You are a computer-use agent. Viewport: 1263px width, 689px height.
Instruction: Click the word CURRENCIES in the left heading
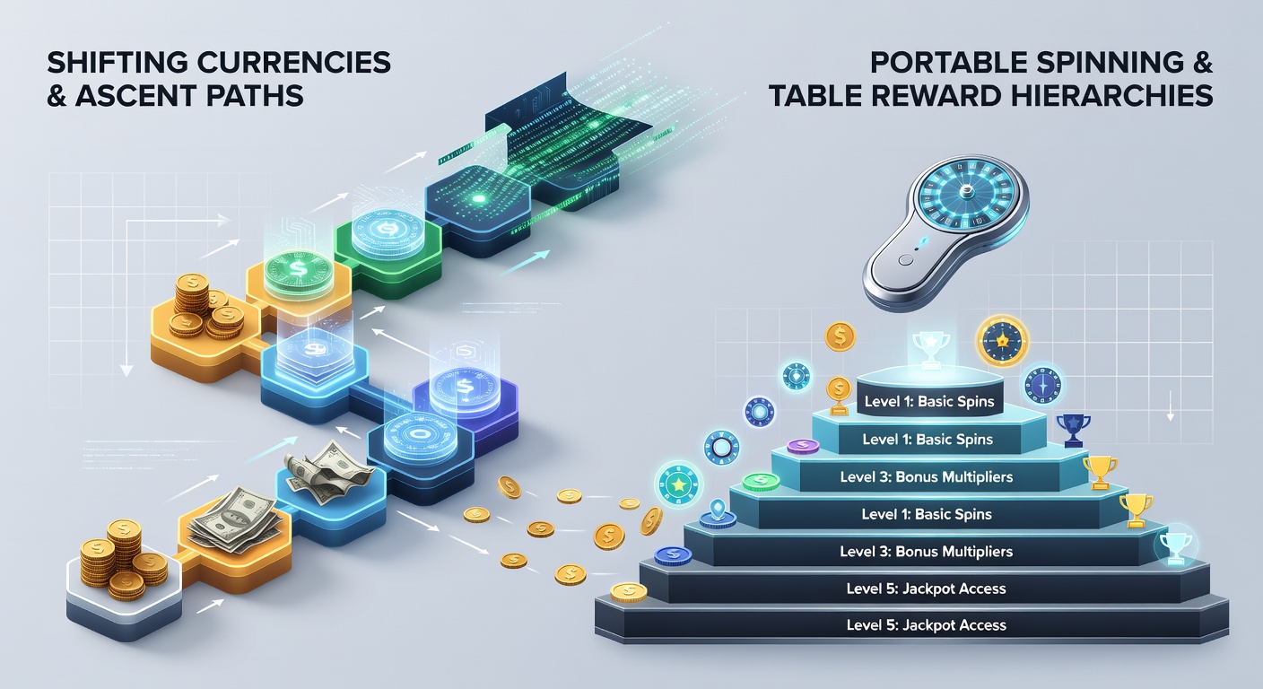(x=293, y=62)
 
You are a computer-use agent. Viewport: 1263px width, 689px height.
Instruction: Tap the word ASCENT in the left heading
(x=135, y=95)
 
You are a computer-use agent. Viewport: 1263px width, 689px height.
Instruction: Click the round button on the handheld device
(x=905, y=260)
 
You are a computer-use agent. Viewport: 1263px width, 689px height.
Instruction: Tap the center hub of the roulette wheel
(x=966, y=192)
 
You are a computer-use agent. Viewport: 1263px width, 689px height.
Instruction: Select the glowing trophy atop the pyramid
(x=930, y=349)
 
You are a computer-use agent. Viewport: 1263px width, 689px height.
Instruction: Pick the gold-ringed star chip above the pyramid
(x=1002, y=341)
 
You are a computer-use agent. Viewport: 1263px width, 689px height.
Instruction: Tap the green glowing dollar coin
(x=297, y=269)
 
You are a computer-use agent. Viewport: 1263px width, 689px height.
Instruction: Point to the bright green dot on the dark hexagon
(x=479, y=198)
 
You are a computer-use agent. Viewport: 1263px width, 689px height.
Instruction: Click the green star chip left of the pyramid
(x=678, y=484)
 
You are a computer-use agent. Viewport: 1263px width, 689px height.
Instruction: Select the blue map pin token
(x=718, y=514)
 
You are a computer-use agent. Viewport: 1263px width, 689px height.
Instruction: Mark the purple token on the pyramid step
(x=804, y=446)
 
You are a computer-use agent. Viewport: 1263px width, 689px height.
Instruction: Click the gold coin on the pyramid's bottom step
(x=629, y=592)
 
